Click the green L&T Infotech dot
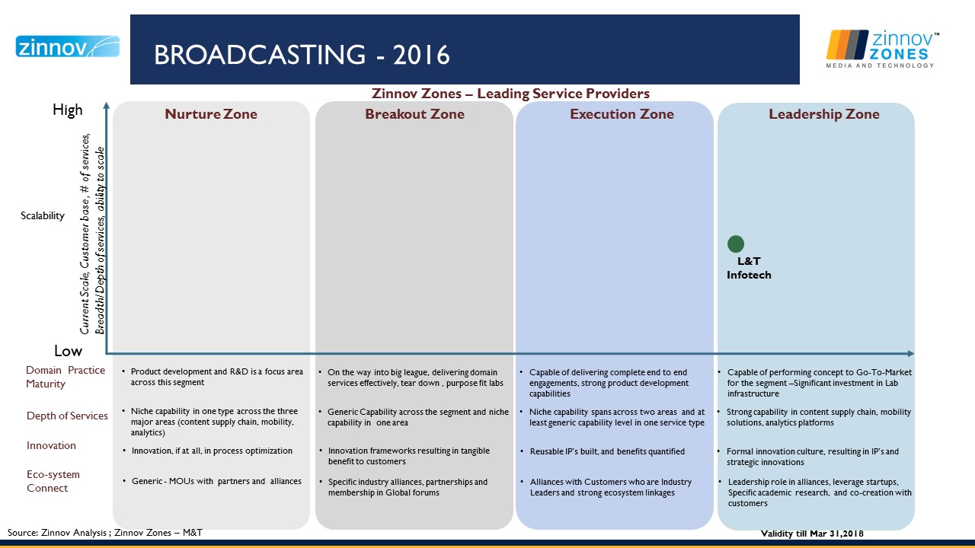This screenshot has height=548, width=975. (736, 244)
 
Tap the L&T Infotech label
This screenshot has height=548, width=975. (749, 268)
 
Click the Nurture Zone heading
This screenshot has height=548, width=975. (211, 114)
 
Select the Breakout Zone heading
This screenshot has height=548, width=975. (414, 114)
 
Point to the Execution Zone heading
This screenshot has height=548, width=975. (622, 114)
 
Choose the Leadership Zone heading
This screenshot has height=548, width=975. (824, 114)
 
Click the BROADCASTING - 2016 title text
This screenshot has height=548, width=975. (302, 55)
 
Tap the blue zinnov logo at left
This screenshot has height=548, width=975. (68, 46)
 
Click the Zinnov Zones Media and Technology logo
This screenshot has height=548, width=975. (882, 49)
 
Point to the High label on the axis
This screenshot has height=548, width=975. (68, 110)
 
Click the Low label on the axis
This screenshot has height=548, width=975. (68, 351)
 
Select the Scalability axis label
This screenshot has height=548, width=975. (43, 215)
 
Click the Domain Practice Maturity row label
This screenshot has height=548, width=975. (66, 377)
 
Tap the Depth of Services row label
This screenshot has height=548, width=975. (67, 416)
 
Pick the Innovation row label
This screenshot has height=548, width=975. (51, 445)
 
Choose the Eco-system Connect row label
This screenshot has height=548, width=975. (53, 481)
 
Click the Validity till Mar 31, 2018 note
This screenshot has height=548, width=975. (812, 534)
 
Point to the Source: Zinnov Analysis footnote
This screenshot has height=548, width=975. (105, 533)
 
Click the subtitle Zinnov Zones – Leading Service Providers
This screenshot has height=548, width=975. (510, 94)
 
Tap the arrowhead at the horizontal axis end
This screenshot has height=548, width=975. (910, 354)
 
